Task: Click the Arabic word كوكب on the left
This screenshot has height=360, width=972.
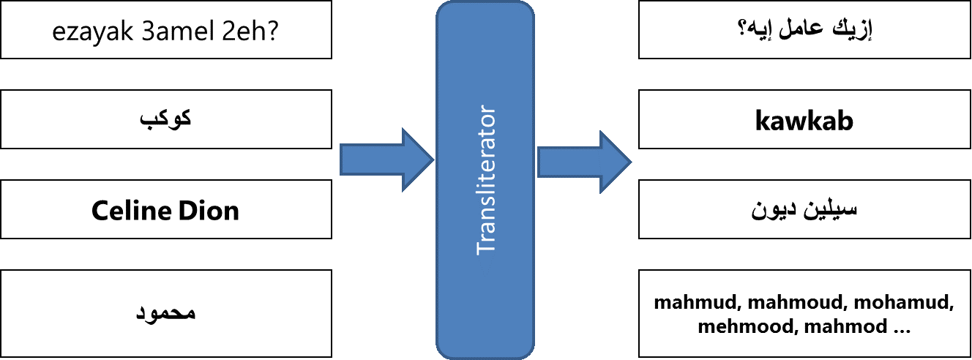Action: tap(165, 119)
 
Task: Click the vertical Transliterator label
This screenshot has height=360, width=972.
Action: tap(486, 180)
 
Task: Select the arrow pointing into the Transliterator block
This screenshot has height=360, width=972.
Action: tap(386, 160)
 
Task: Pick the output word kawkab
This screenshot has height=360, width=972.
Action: tap(804, 121)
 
